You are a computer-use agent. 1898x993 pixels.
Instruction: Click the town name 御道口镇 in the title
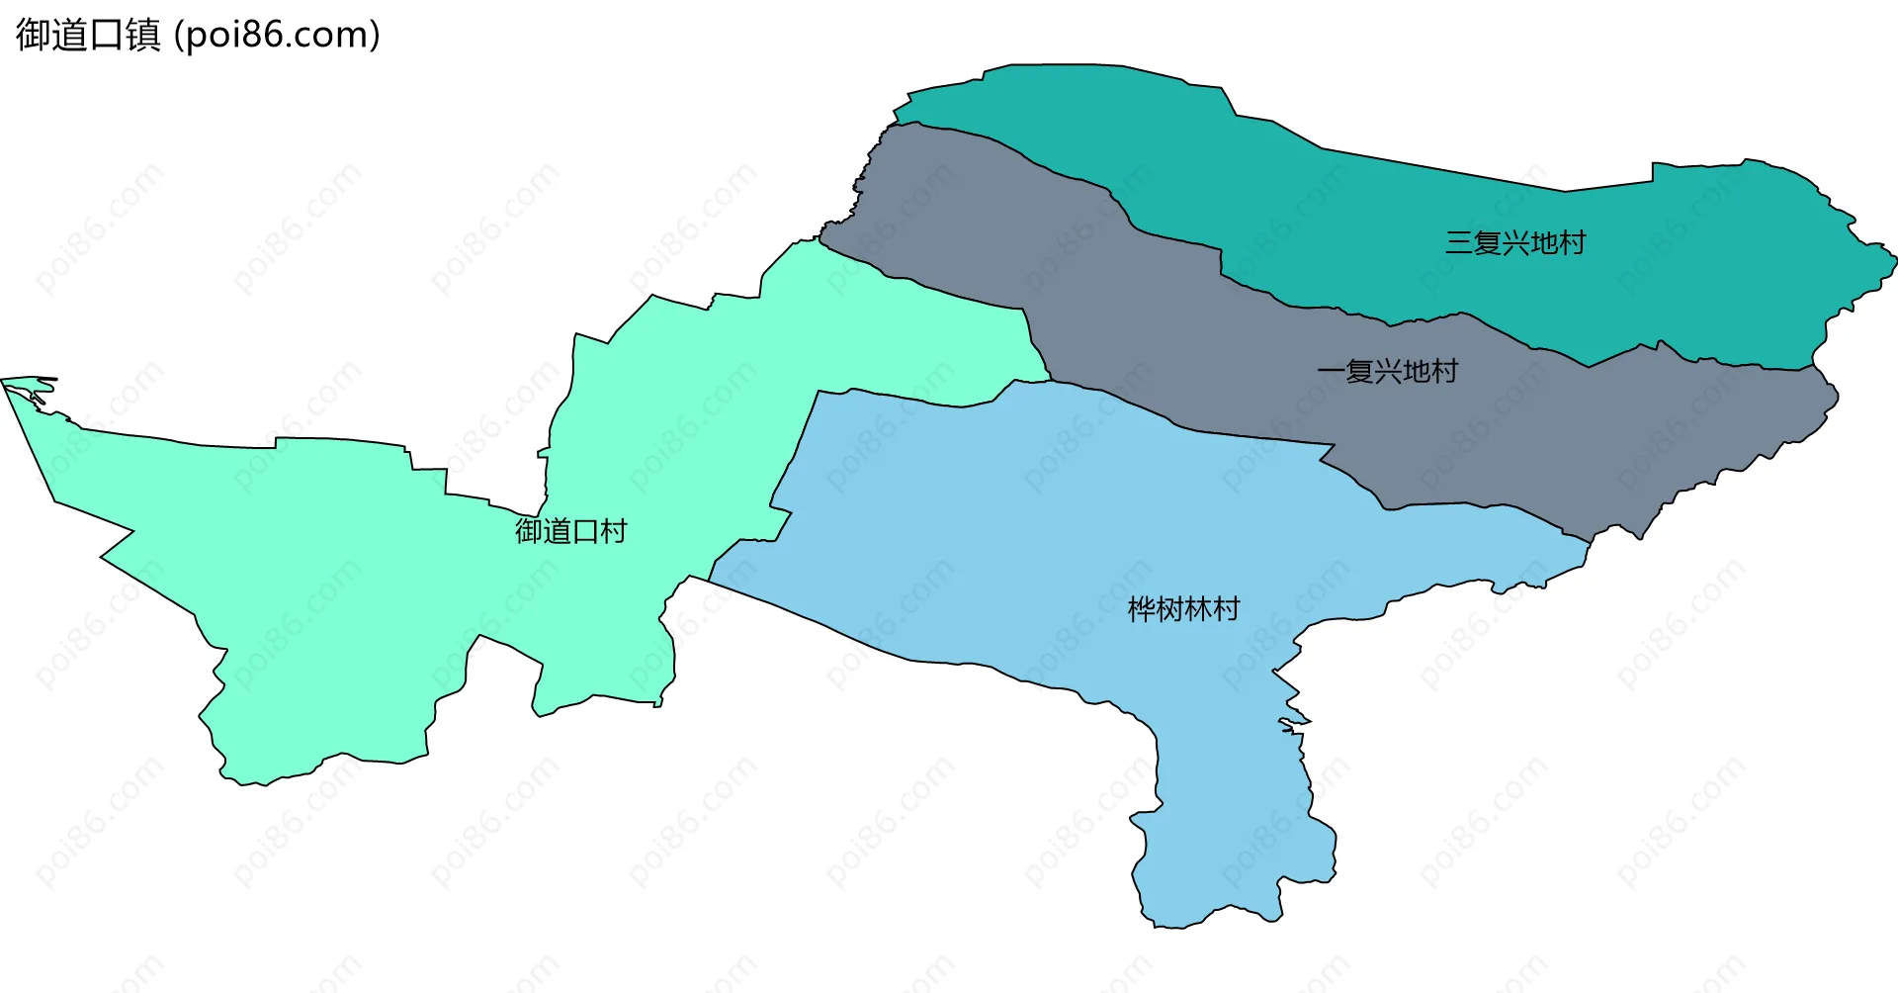point(88,35)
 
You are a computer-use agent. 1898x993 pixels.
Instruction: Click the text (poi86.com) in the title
point(277,35)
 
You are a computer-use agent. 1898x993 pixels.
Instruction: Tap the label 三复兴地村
point(1514,242)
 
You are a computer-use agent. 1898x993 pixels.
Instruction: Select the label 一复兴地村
point(1388,372)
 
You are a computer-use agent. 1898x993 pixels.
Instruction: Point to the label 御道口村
point(570,531)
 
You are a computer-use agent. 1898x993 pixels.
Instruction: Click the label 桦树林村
point(1183,608)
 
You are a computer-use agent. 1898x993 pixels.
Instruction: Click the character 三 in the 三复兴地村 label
point(1458,242)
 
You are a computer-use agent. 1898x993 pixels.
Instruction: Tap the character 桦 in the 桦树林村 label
point(1142,608)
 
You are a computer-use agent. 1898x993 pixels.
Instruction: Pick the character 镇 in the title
point(143,35)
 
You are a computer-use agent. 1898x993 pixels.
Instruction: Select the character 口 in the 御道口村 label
point(584,531)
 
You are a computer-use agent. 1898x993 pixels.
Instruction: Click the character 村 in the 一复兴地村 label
point(1444,372)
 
